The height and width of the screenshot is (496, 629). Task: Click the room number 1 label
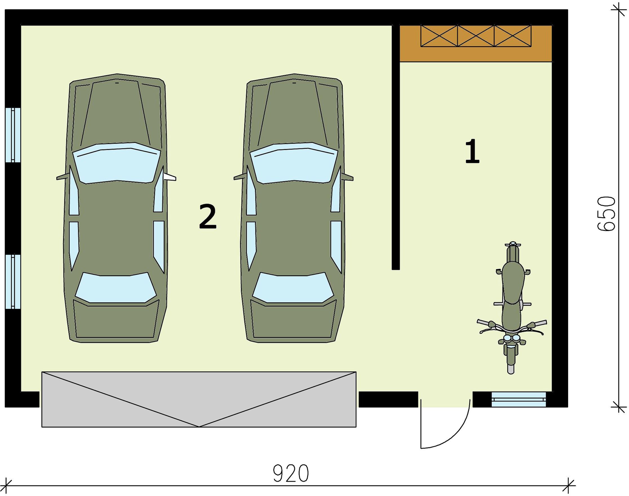coord(472,151)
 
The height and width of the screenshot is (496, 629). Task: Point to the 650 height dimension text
coord(606,214)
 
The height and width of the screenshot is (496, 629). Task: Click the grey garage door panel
coord(199,399)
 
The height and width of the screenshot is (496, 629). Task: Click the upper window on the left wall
coord(13,134)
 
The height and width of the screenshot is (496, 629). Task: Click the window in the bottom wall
coord(519,399)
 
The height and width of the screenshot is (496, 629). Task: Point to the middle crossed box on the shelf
coord(476,36)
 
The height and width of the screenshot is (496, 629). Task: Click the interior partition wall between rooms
coord(396,147)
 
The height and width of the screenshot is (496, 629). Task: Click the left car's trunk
coord(116,321)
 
